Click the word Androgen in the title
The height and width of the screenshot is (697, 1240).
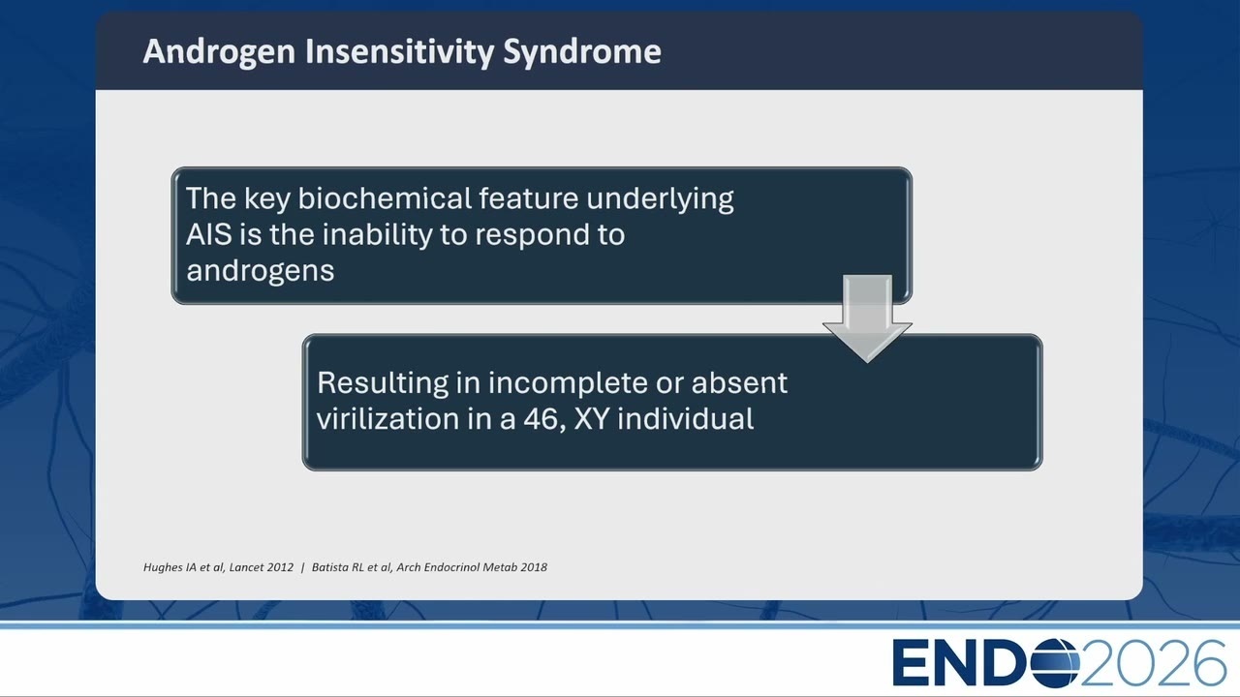click(219, 52)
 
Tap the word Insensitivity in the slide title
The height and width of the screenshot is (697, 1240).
click(399, 52)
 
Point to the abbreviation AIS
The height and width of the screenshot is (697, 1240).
click(208, 234)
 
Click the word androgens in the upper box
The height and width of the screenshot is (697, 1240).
click(261, 271)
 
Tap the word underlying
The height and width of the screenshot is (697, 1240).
click(660, 199)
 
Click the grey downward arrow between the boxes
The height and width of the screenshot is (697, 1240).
click(867, 318)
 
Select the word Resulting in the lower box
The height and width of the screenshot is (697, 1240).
click(383, 383)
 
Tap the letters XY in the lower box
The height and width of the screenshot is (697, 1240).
click(591, 419)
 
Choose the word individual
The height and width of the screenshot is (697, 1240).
click(685, 418)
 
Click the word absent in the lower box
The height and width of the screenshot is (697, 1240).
click(739, 382)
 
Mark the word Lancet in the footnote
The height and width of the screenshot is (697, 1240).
click(245, 567)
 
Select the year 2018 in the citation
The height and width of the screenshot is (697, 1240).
click(534, 567)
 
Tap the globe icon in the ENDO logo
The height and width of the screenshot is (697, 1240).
click(1055, 663)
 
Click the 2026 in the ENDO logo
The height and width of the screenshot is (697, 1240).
click(1153, 663)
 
